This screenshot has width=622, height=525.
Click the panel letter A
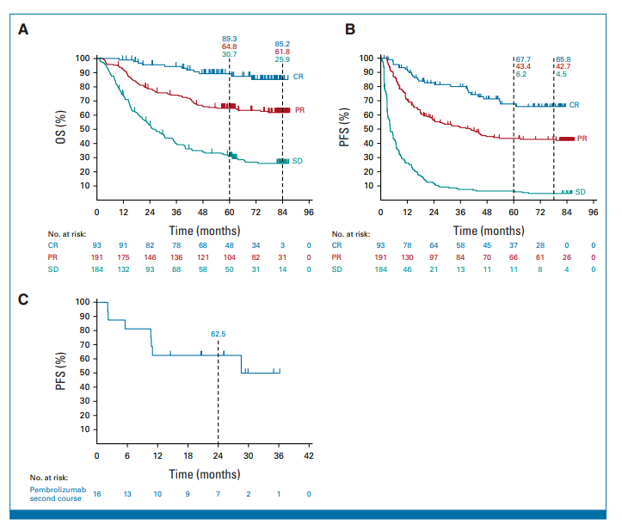point(25,29)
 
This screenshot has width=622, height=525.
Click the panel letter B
point(350,29)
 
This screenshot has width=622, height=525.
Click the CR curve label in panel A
point(298,77)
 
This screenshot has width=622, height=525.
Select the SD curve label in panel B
point(580,191)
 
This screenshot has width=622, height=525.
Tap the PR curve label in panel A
point(299,110)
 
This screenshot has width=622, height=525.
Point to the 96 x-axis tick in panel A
point(309,212)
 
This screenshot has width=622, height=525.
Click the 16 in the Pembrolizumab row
point(97,494)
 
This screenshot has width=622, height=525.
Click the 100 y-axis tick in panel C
point(83,302)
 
